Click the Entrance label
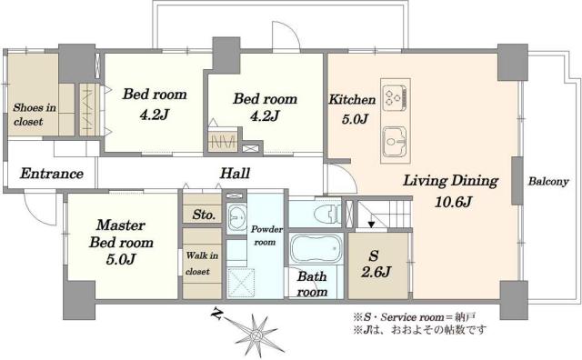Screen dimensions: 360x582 point(52,174)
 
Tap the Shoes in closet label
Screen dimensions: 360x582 point(34,114)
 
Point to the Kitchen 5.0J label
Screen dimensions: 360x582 point(347,108)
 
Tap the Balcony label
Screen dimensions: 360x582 point(548,182)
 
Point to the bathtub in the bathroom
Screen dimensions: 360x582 point(315,248)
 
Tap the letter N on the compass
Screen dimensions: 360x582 point(216,315)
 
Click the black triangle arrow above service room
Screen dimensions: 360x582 point(369,223)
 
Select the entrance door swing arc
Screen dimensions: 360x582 point(38,212)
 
